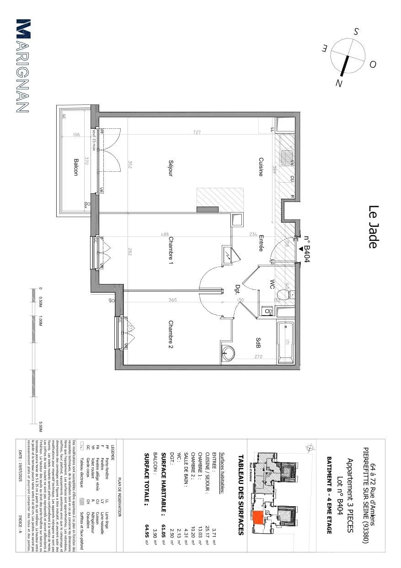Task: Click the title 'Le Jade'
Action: [373, 227]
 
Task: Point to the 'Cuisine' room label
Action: [261, 167]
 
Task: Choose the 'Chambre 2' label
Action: [170, 334]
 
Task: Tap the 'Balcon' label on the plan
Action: [75, 167]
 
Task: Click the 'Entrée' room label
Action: [261, 243]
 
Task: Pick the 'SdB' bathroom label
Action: [258, 343]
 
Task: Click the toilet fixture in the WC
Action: [289, 295]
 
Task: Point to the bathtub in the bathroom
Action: [287, 342]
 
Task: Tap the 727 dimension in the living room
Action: [196, 133]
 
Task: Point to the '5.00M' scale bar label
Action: [41, 426]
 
